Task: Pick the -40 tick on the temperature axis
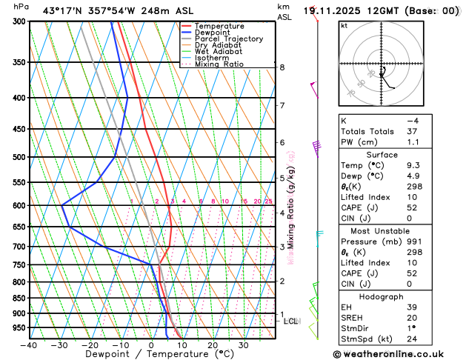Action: click(29, 345)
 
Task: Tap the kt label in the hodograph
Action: click(344, 25)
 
